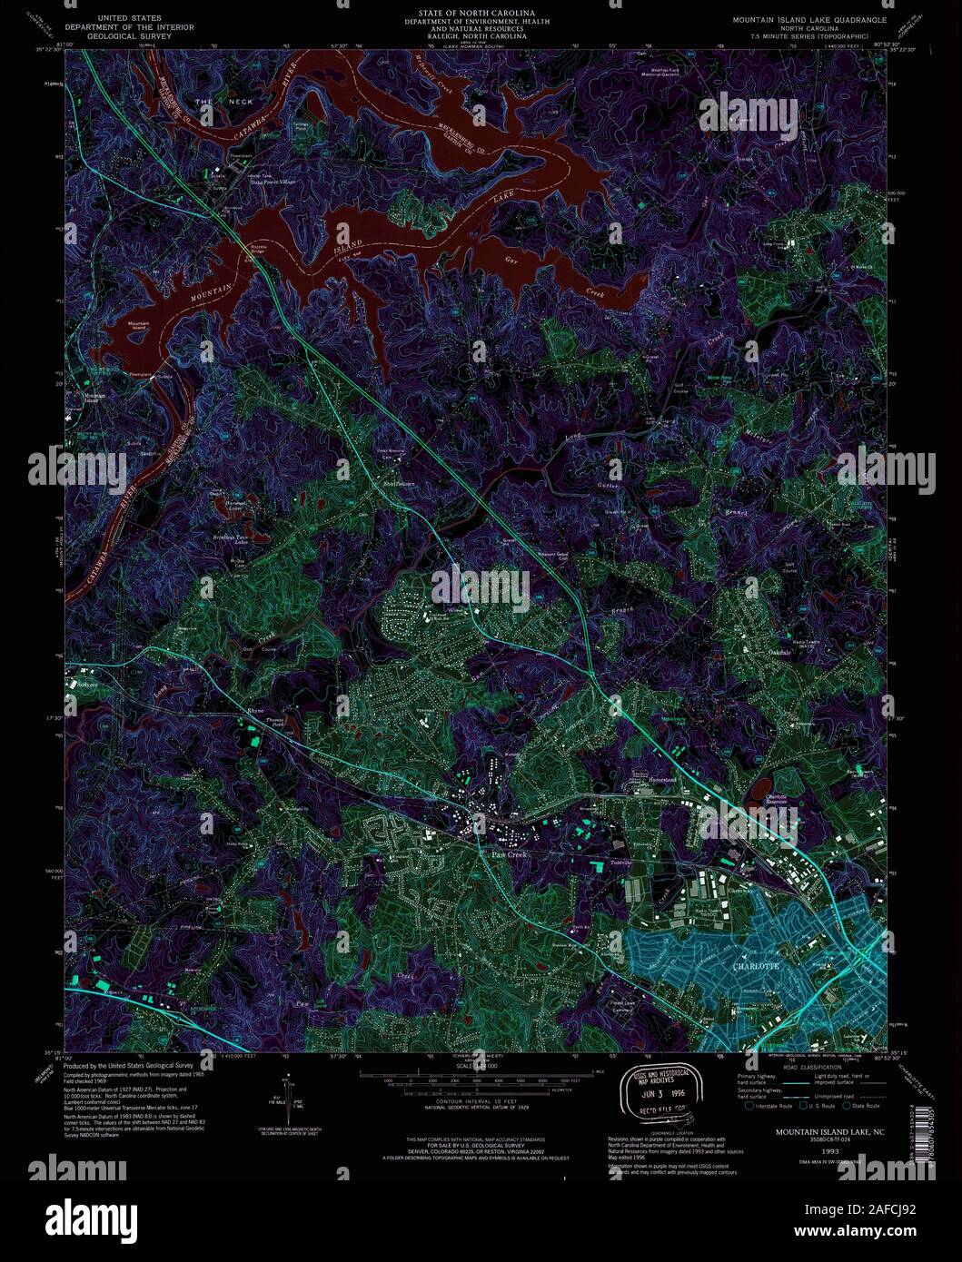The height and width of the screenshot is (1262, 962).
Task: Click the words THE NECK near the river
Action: [228, 102]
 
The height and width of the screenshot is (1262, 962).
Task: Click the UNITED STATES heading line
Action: [131, 18]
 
